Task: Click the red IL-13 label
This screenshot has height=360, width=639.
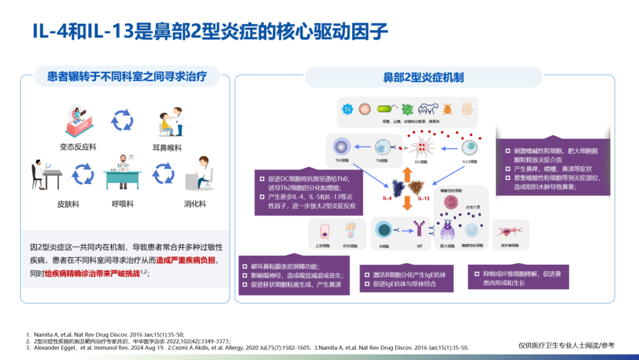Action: [x=424, y=198]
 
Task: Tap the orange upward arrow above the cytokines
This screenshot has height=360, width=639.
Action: [x=406, y=172]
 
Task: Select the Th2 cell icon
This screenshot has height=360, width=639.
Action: [x=342, y=146]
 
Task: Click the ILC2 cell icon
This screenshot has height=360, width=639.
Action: [x=471, y=146]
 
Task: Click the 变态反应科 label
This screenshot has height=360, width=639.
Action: [x=78, y=146]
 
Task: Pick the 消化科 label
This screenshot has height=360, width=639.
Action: [x=195, y=204]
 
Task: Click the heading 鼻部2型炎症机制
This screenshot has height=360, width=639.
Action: [x=423, y=78]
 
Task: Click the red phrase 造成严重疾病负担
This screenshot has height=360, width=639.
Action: [x=186, y=260]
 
